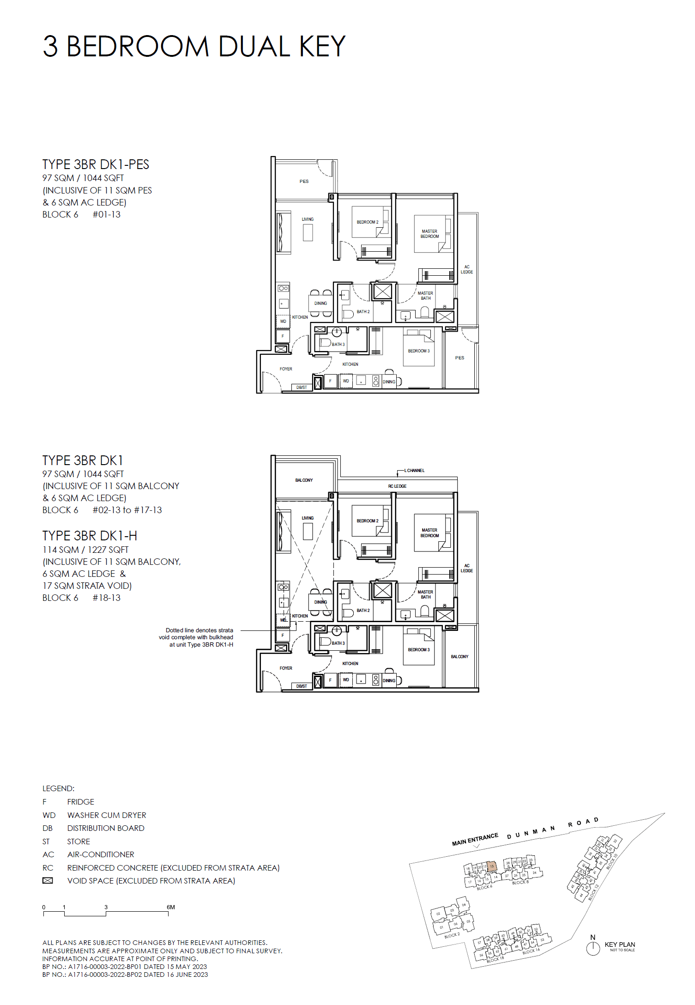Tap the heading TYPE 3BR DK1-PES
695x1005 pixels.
coord(96,164)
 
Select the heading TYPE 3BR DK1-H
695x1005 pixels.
coord(90,536)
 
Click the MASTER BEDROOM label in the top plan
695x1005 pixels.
coord(429,234)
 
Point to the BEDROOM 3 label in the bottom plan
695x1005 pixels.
coord(418,649)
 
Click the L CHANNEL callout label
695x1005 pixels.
coord(414,470)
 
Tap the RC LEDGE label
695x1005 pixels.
coord(397,486)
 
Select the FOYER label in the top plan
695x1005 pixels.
coord(286,369)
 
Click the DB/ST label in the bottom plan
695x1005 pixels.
coord(302,686)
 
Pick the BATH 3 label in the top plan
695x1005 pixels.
coord(338,344)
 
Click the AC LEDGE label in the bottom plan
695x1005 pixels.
coord(466,568)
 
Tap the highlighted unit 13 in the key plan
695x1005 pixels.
coord(492,866)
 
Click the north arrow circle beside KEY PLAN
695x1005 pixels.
coord(592,949)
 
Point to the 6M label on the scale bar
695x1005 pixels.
coord(171,907)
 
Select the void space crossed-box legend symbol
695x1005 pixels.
coord(48,881)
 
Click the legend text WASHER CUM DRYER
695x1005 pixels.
coord(107,815)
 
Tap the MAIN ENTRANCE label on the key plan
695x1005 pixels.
coord(475,839)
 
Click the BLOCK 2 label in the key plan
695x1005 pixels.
coord(452,935)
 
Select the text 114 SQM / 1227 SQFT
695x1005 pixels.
coord(85,550)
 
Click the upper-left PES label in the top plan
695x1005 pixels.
coord(304,181)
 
